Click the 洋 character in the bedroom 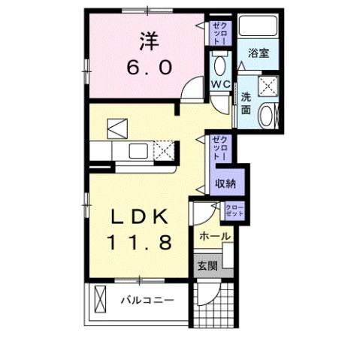click(x=148, y=40)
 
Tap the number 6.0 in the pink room click(x=148, y=67)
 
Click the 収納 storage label click(x=225, y=183)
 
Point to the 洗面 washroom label click(x=247, y=102)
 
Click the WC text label click(x=220, y=83)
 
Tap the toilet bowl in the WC click(x=219, y=63)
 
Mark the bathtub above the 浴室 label click(x=260, y=31)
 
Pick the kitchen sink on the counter click(x=139, y=151)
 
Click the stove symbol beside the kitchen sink click(x=164, y=151)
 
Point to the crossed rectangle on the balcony click(x=100, y=301)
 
